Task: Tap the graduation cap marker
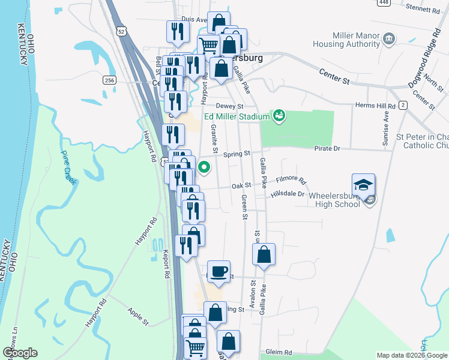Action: coord(363,185)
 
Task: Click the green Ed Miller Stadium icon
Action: coord(279,115)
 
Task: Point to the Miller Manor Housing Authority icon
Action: coord(389,40)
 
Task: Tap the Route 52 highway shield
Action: coord(122,31)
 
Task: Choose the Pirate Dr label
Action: coord(327,148)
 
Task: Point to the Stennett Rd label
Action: coord(423,10)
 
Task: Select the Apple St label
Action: coord(137,316)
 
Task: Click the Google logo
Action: coord(20,353)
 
